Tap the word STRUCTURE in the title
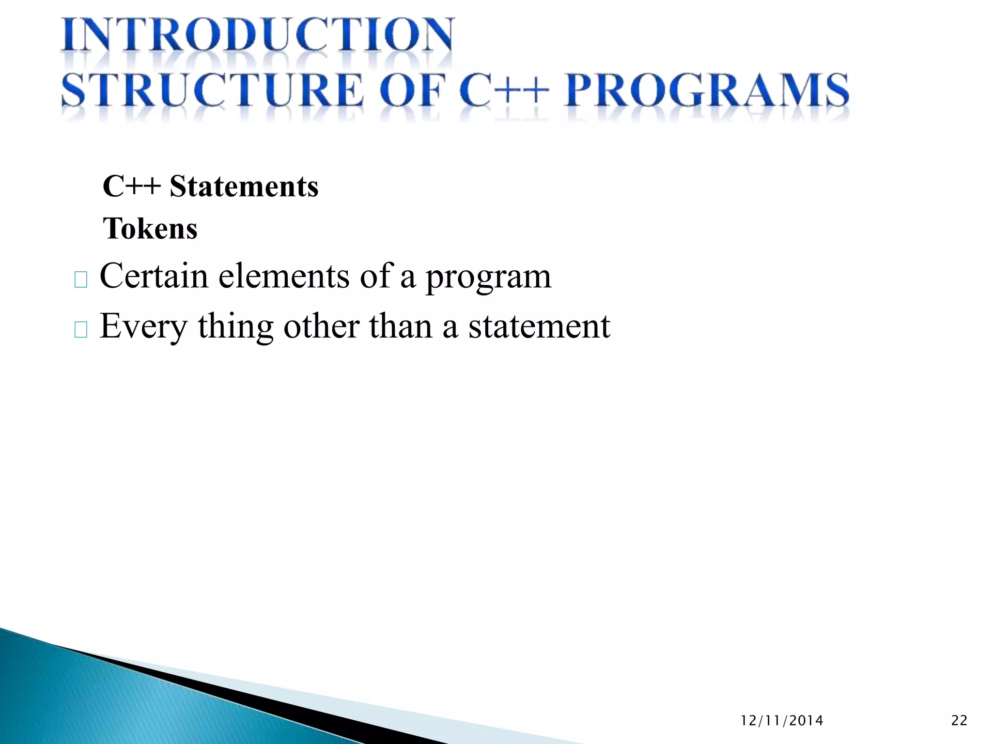pos(212,91)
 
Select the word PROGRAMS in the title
pos(707,91)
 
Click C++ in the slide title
pos(504,91)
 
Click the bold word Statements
pos(244,186)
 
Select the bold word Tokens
pos(150,229)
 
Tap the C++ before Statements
pos(131,186)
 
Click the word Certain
pos(154,276)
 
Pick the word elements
pos(284,276)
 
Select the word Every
pos(143,327)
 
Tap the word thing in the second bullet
pos(235,327)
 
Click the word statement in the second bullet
pos(539,326)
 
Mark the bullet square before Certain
pos(81,280)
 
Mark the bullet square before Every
pos(81,330)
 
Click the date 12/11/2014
pos(782,721)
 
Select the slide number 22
pos(959,721)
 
